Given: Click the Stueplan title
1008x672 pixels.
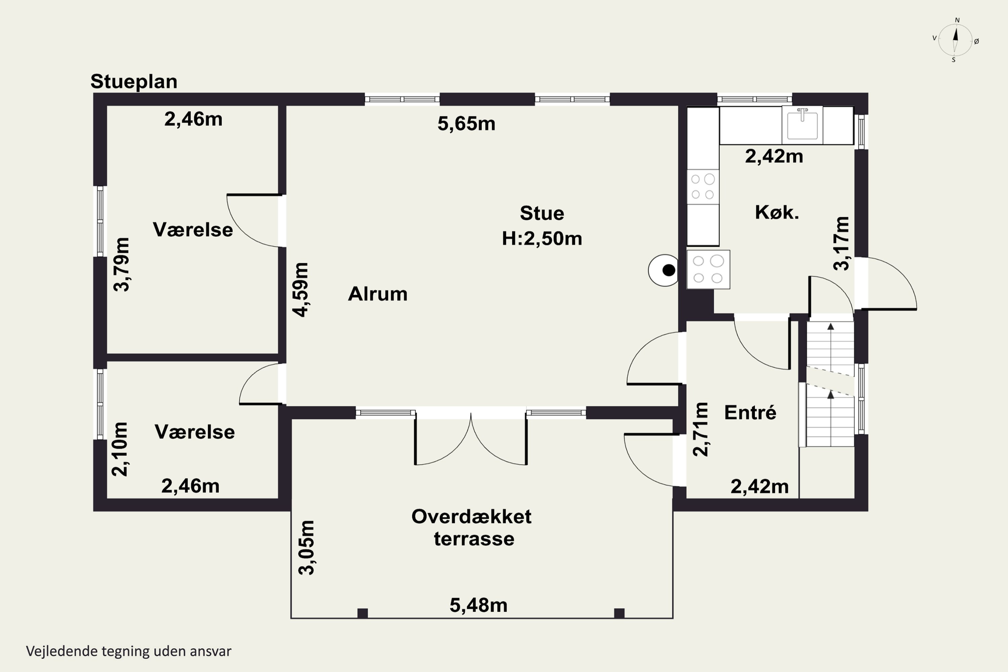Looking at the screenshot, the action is tap(134, 81).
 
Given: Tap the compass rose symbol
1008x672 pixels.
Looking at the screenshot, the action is tap(955, 40).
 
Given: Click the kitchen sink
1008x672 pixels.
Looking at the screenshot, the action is tap(802, 125).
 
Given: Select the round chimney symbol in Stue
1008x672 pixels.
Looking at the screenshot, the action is tap(663, 270).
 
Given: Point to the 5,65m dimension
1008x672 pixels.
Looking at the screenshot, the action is tap(466, 123).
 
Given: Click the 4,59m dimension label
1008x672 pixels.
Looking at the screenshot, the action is tap(301, 290).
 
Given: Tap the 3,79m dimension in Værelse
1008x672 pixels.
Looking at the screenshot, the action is tap(121, 264).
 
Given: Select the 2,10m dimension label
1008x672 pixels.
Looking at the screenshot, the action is tap(120, 449).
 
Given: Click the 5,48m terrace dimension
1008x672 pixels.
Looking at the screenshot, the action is tap(478, 605).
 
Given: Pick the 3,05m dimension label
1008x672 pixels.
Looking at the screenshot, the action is tap(307, 547).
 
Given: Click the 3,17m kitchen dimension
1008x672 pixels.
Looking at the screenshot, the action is tap(841, 243).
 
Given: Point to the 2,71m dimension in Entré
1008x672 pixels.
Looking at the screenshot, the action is tap(701, 429).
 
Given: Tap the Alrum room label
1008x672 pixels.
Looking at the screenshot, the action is tap(378, 294).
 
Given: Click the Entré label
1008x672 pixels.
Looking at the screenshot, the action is tap(750, 412).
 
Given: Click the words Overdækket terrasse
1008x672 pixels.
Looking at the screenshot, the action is tap(472, 528).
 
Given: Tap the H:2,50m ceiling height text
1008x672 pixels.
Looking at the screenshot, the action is tap(542, 239).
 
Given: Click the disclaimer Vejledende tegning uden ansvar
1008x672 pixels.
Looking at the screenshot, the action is tap(129, 651).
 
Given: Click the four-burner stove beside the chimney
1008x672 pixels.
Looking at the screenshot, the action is tap(708, 269).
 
